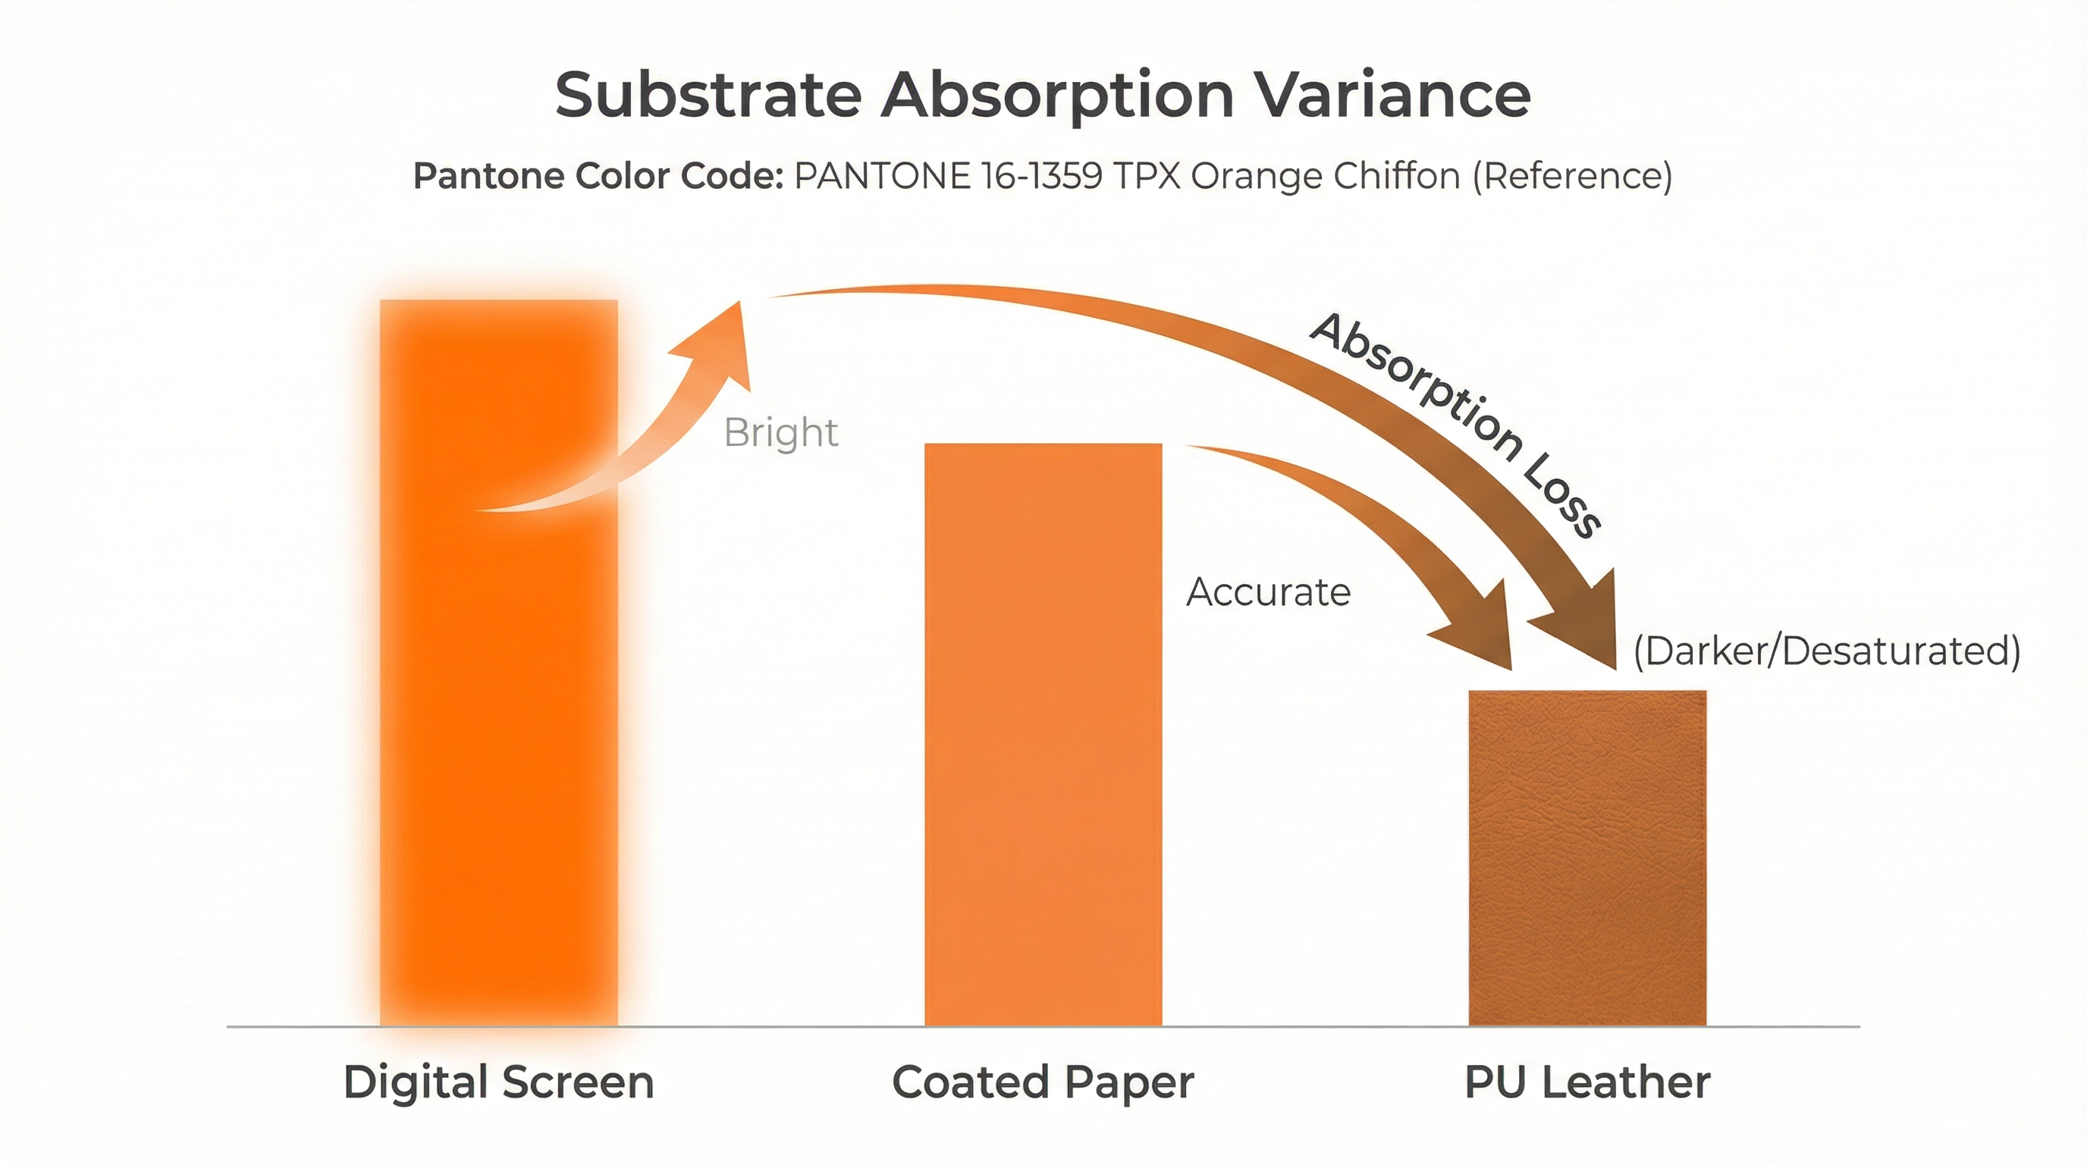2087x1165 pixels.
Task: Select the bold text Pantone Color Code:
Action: point(598,176)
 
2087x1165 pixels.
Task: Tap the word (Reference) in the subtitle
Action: point(1572,176)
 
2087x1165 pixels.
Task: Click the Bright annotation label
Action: point(780,432)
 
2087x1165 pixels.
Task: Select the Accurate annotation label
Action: point(1268,592)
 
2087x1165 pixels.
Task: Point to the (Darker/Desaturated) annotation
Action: point(1826,652)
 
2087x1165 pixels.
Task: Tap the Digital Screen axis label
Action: point(498,1082)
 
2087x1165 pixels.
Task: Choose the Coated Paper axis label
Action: point(1043,1082)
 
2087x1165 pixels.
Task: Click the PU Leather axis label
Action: point(1587,1082)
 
